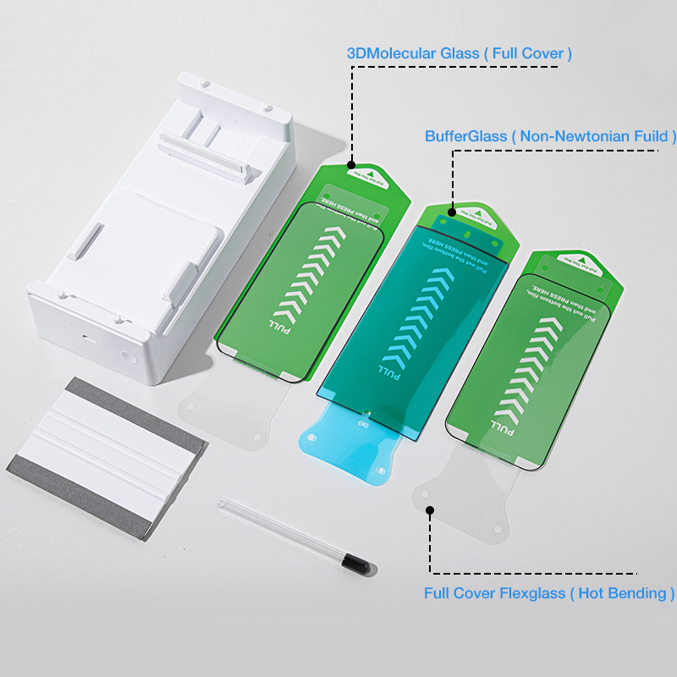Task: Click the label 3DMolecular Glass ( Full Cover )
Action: pyautogui.click(x=460, y=53)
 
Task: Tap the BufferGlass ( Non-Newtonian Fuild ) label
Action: pyautogui.click(x=551, y=135)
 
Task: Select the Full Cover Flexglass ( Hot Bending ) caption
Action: pyautogui.click(x=549, y=593)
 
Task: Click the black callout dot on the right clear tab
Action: pyautogui.click(x=430, y=510)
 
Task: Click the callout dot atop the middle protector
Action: pyautogui.click(x=453, y=207)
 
